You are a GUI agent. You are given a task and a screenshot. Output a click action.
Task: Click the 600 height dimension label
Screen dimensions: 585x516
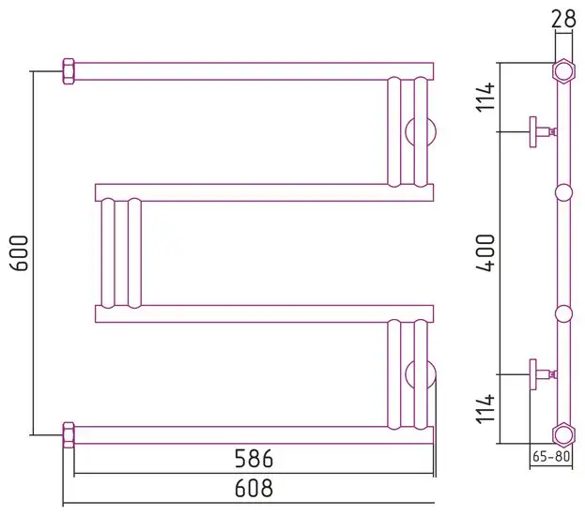click(x=20, y=253)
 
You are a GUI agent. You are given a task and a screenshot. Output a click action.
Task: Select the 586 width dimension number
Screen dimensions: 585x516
click(x=254, y=459)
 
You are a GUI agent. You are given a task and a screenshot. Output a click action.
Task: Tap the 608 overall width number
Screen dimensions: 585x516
click(x=254, y=488)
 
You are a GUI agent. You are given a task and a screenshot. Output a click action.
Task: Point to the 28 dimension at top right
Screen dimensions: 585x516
click(x=563, y=19)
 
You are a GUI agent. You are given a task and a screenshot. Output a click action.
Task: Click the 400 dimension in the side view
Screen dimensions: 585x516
click(x=485, y=253)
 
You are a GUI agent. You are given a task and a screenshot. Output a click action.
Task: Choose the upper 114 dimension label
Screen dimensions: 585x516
click(x=485, y=97)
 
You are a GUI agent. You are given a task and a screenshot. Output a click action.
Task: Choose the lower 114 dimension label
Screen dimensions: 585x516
click(x=485, y=409)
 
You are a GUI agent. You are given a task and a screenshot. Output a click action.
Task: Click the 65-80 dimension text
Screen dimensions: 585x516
click(x=551, y=456)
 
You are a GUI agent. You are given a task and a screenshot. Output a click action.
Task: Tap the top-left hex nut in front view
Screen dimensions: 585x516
click(x=69, y=71)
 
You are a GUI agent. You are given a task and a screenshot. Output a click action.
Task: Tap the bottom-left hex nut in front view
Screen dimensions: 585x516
click(x=69, y=435)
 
